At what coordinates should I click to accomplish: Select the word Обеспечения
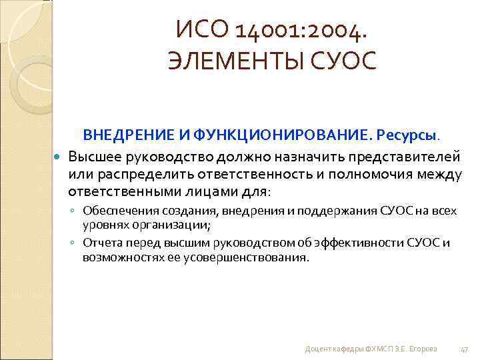115,211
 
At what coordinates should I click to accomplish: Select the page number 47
465,349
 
